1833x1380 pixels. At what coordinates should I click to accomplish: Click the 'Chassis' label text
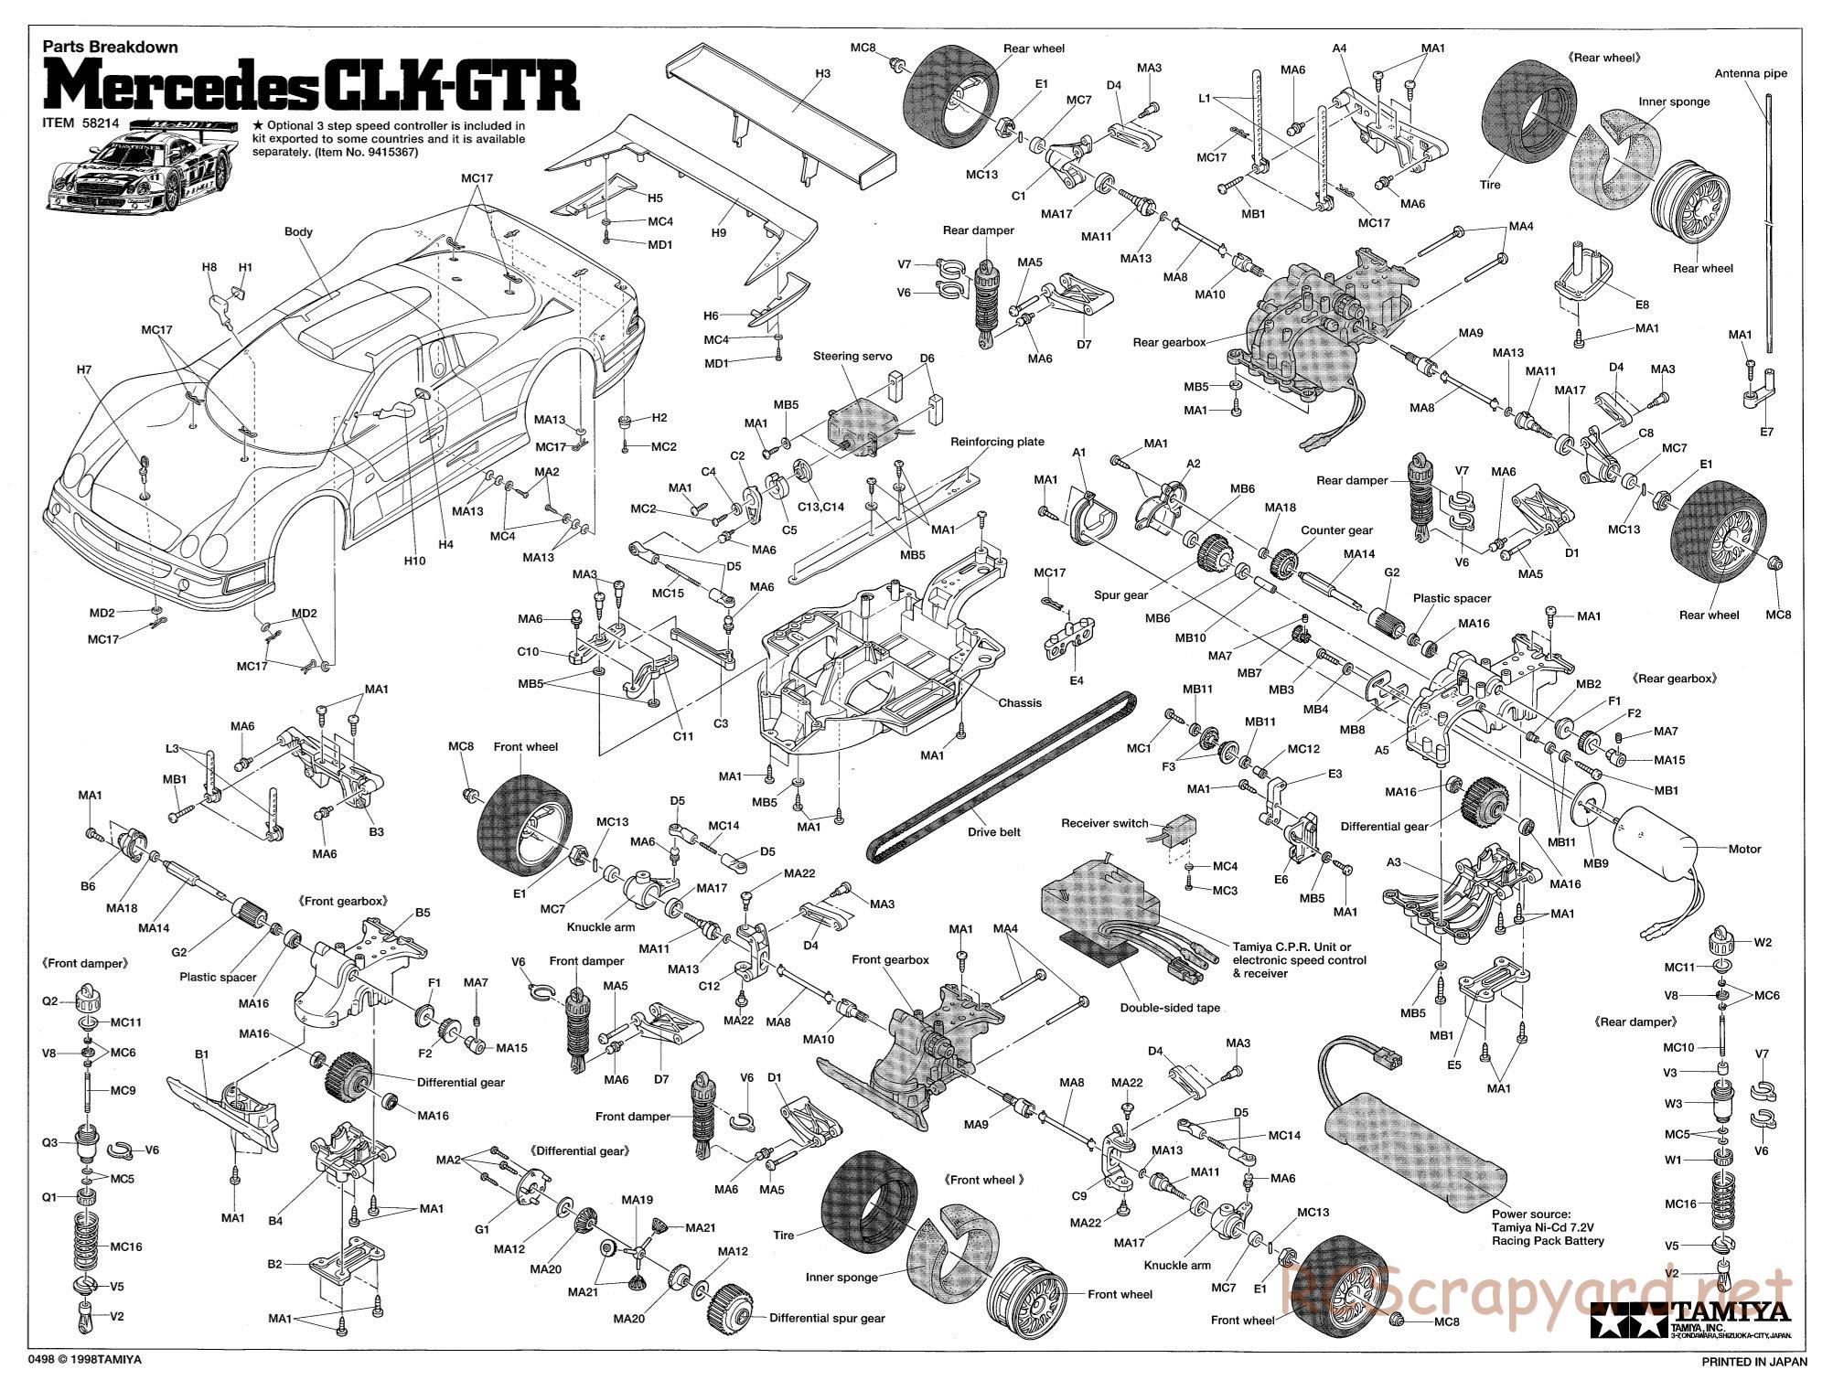click(x=1020, y=702)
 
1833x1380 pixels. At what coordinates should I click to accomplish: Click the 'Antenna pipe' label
click(x=1750, y=74)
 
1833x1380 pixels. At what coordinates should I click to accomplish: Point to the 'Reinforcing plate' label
click(x=996, y=442)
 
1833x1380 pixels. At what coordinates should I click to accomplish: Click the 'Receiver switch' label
click(x=1104, y=823)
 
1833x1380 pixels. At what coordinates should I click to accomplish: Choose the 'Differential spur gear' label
click(x=827, y=1318)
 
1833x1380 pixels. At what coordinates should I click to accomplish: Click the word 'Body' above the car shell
click(x=298, y=231)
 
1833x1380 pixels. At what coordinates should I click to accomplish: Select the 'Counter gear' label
click(x=1336, y=530)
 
